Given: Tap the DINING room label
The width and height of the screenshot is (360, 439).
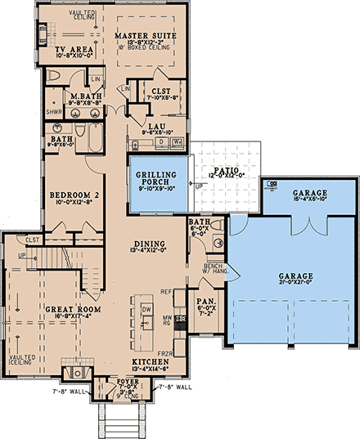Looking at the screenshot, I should [149, 244].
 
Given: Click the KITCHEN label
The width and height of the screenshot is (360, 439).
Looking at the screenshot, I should [149, 361].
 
